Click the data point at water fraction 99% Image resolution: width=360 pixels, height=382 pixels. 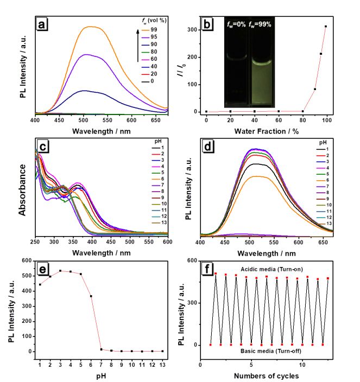pos(326,27)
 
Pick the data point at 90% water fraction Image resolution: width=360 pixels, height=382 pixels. pos(315,89)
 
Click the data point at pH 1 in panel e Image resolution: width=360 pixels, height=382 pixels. pos(40,284)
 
